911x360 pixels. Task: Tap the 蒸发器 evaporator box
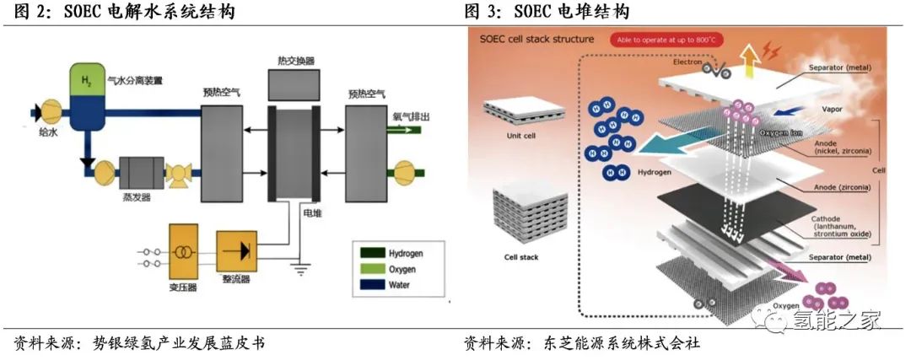click(x=141, y=172)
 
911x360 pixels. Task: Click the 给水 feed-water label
click(x=49, y=131)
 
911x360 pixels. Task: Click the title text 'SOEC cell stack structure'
click(x=536, y=39)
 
